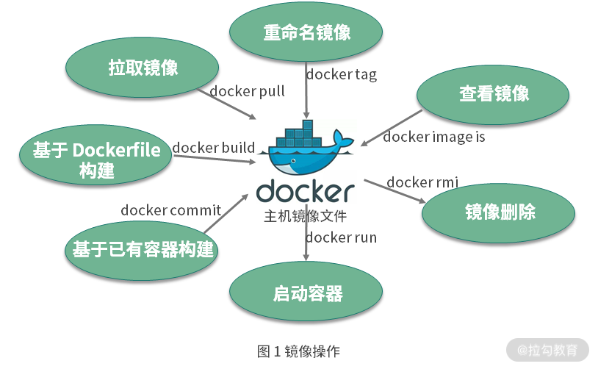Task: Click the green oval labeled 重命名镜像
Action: pyautogui.click(x=306, y=33)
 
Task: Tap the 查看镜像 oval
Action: pyautogui.click(x=494, y=93)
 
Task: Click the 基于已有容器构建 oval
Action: pyautogui.click(x=143, y=249)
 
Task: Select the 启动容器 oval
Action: pyautogui.click(x=307, y=294)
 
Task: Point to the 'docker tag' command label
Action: pyautogui.click(x=341, y=74)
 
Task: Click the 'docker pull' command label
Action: pyautogui.click(x=247, y=91)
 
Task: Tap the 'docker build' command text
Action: pyautogui.click(x=213, y=148)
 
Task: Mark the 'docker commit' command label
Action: pyautogui.click(x=170, y=210)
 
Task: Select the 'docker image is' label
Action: pyautogui.click(x=433, y=136)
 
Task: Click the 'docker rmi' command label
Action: pyautogui.click(x=422, y=182)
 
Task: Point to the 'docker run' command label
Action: pyautogui.click(x=341, y=237)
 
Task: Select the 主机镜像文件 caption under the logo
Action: pyautogui.click(x=305, y=218)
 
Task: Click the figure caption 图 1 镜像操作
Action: pyautogui.click(x=298, y=351)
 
